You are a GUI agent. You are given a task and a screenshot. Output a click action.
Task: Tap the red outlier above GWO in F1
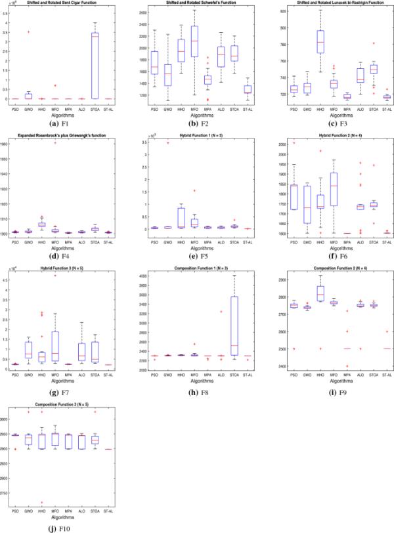pos(28,32)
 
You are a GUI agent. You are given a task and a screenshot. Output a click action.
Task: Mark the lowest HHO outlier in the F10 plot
pos(41,502)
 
